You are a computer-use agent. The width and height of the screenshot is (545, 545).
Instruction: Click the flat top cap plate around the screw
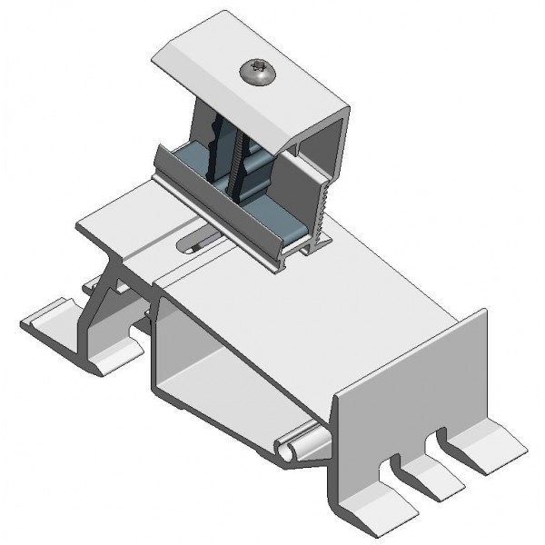pyautogui.click(x=218, y=68)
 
